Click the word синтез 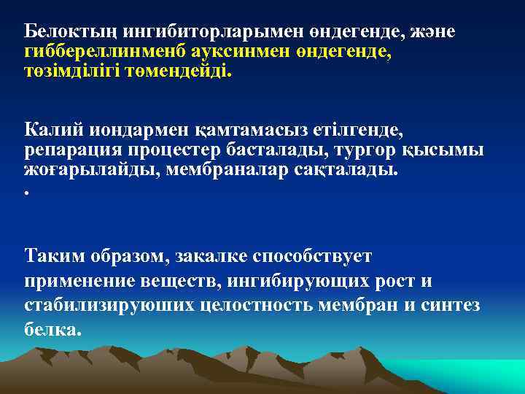tap(451, 304)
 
